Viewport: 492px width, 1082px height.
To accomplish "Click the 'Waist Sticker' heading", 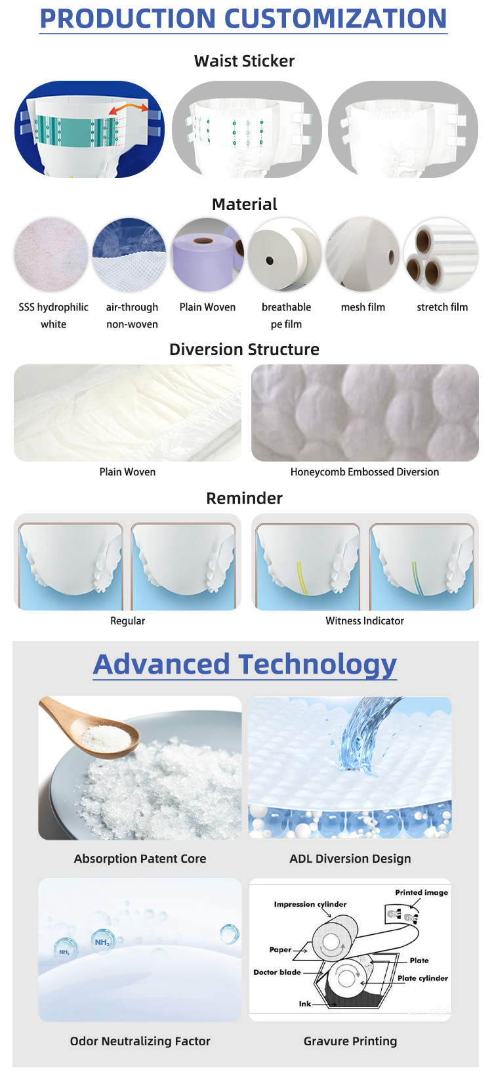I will (244, 61).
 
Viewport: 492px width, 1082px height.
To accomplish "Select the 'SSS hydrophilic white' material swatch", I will (51, 255).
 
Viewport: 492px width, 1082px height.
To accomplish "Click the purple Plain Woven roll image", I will (207, 255).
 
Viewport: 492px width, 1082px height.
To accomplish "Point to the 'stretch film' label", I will (442, 307).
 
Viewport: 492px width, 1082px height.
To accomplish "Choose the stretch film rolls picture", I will (441, 255).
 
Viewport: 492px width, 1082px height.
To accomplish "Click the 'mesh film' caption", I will (363, 307).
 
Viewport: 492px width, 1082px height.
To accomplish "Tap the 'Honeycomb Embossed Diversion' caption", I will (365, 472).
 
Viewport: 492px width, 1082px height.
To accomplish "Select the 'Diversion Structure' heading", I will (244, 349).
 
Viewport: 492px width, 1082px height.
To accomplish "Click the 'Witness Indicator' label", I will (365, 621).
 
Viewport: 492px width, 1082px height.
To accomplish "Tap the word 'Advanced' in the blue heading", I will (161, 664).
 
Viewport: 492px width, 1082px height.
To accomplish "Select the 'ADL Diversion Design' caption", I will (350, 859).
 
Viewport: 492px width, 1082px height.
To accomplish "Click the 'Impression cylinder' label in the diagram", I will (310, 904).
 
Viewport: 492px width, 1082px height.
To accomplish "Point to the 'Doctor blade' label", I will (277, 972).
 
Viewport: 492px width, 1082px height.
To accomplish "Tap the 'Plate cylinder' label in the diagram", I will (422, 978).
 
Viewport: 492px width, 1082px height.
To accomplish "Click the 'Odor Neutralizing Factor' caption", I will (140, 1041).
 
